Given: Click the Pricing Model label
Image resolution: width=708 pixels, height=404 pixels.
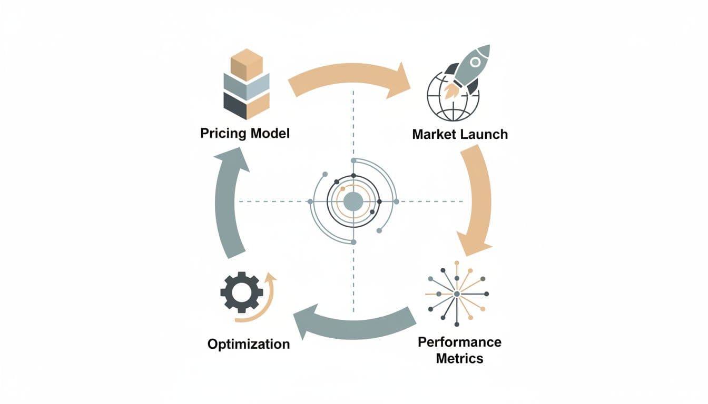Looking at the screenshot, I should (x=245, y=133).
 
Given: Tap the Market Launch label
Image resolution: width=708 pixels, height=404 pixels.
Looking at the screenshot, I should (x=460, y=134).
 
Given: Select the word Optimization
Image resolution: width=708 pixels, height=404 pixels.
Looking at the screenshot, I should (x=249, y=345).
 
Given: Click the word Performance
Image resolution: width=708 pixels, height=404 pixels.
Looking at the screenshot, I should (x=459, y=342).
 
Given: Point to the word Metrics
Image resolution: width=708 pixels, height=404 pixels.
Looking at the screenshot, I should (x=459, y=359).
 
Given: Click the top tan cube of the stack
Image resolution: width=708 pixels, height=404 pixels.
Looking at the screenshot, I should (x=247, y=64).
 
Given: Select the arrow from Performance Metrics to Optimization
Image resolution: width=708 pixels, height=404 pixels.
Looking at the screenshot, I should (x=353, y=322).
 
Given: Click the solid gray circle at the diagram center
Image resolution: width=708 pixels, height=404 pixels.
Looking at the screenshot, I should (x=353, y=201).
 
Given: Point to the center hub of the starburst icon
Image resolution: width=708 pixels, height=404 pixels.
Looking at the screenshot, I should (x=456, y=293).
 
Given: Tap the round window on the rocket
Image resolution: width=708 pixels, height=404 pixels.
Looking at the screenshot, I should (x=475, y=62).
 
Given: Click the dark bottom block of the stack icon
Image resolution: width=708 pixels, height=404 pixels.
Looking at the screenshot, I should (x=235, y=106).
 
